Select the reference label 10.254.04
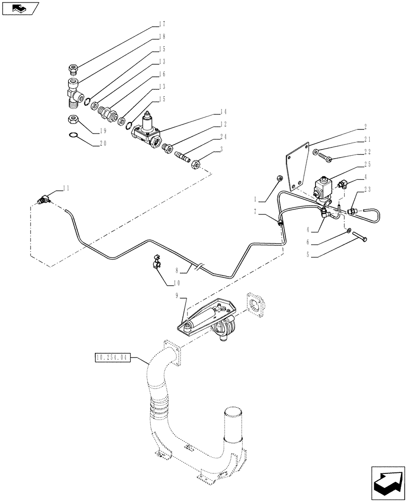click(112, 357)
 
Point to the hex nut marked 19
click(72, 119)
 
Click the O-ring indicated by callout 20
click(73, 134)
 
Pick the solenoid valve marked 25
click(322, 189)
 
